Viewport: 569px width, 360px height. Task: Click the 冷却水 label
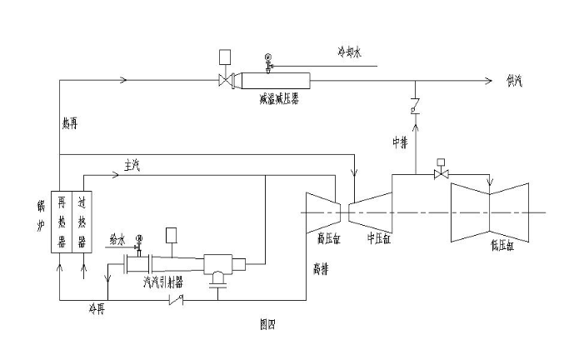coord(347,52)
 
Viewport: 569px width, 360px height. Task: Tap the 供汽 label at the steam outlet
coord(517,80)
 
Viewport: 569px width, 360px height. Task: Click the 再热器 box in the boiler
coord(61,221)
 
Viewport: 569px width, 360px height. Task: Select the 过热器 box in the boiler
coord(81,221)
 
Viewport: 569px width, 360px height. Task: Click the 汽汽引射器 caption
coord(162,282)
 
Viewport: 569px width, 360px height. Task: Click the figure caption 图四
coord(267,323)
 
